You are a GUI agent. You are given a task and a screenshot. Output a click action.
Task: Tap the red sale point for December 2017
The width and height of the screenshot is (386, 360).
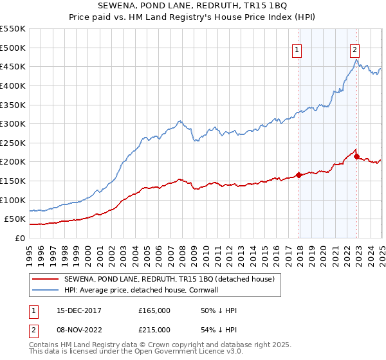299,175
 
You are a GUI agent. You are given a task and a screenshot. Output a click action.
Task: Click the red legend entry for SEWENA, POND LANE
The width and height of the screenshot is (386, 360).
169,278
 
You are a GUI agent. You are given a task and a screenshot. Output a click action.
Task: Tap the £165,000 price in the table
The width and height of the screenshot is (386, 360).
154,310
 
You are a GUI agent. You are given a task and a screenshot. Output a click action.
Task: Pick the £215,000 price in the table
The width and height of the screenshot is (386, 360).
154,330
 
